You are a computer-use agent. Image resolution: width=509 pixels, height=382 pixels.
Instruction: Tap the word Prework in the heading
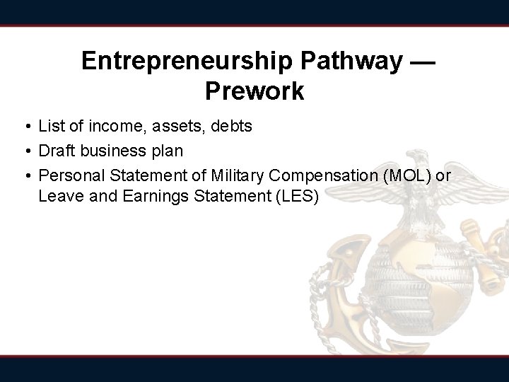tap(255, 91)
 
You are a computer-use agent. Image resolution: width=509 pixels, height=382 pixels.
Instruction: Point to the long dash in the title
tap(423, 62)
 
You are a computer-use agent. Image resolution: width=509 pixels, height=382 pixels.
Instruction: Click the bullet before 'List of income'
tap(25, 127)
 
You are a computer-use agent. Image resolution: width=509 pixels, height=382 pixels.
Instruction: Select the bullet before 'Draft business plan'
tap(25, 151)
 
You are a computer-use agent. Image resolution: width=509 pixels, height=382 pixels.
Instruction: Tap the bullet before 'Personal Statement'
tap(25, 175)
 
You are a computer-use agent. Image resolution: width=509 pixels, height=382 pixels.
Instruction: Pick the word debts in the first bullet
tap(230, 127)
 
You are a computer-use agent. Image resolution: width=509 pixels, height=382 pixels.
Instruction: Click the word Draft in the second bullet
tap(55, 151)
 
